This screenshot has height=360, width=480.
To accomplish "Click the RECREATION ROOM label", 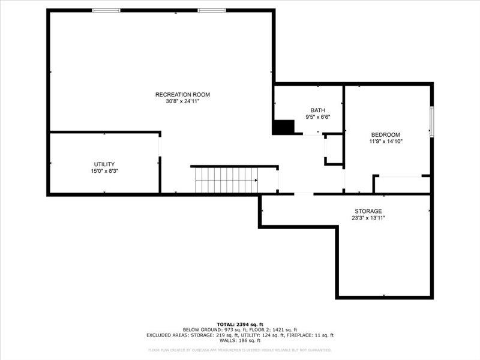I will coord(182,94).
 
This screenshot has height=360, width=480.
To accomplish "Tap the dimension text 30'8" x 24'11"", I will coord(182,101).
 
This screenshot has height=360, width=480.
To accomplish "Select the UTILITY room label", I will coord(104,164).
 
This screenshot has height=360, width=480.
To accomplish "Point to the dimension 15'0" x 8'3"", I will coord(104,171).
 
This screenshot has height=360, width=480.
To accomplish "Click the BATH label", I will coord(317,110).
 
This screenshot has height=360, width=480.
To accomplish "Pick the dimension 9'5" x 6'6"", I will coord(317,117).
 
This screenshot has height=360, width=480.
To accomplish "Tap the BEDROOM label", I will coord(385,135).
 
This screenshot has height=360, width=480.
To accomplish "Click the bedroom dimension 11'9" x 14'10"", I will coord(385,142).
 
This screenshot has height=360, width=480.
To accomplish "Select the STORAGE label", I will coord(368,211).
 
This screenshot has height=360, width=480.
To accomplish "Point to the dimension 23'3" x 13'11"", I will coord(368,218).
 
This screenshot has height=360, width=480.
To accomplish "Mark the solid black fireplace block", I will coord(284,127).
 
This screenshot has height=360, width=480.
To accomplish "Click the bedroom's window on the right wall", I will coord(431,122).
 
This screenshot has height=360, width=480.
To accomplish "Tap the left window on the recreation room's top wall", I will coord(106,10).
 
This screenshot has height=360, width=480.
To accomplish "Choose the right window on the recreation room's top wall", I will coord(212,10).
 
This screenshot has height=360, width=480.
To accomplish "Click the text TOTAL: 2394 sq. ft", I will coord(239,324).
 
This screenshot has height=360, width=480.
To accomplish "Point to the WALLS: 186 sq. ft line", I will coord(239,341).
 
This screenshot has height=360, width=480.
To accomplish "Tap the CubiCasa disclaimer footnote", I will coord(239,350).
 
